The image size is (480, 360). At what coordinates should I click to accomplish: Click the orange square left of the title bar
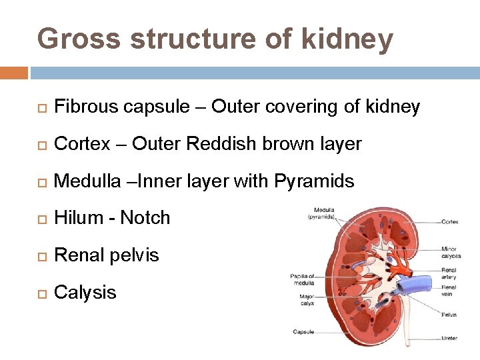pos(14,72)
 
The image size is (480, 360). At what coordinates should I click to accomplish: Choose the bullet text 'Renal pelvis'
pos(107,255)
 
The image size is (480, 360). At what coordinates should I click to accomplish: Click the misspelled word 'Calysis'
pos(85,293)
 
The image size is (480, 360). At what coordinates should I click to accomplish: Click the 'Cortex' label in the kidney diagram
pos(450,222)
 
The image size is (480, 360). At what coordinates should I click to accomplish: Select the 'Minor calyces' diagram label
pos(450,253)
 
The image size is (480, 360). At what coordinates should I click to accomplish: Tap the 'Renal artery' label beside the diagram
pos(449,273)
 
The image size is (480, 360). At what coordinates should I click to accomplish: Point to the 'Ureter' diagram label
pos(449,338)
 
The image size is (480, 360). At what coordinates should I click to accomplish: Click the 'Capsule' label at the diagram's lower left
pos(303,331)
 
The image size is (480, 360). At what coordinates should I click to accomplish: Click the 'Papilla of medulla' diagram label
pos(302,279)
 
